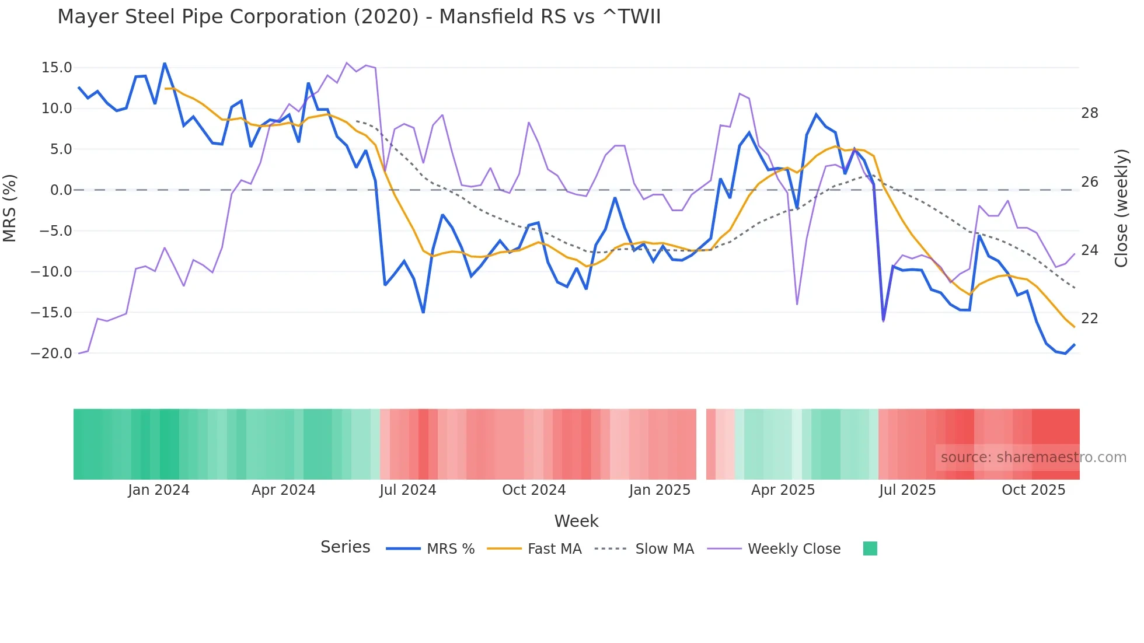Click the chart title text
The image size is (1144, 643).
point(359,17)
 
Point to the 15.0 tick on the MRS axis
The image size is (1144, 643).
point(57,68)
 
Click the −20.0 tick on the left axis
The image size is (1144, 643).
point(51,354)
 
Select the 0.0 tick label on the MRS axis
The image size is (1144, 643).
point(61,190)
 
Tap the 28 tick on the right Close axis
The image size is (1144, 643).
point(1089,113)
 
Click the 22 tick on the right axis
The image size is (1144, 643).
point(1089,319)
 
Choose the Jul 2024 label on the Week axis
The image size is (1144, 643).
point(407,490)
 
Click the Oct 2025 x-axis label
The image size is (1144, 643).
point(1033,490)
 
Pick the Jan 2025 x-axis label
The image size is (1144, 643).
point(660,490)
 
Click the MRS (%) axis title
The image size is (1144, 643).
point(10,208)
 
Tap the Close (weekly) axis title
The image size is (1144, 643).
point(1121,208)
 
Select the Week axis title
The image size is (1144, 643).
point(576,521)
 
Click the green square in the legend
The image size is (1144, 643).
point(870,548)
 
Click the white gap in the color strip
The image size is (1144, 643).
point(701,444)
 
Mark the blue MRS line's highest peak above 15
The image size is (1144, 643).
point(165,64)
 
